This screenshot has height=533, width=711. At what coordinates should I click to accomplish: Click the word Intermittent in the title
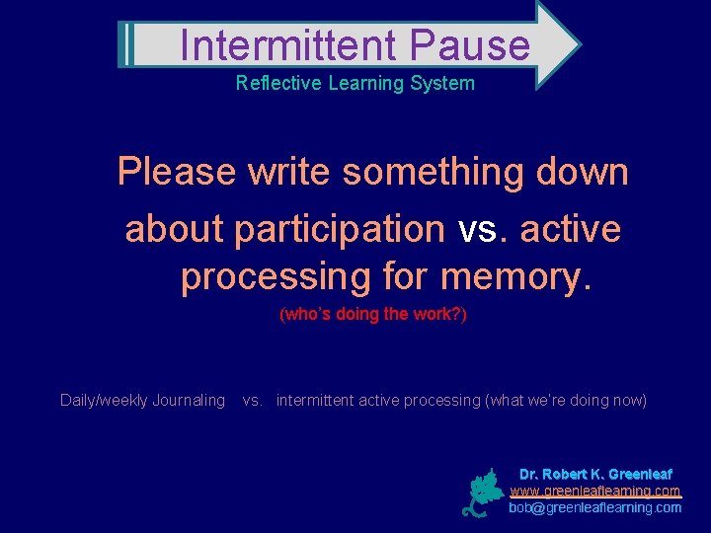[288, 45]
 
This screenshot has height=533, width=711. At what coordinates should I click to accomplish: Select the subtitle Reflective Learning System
[355, 83]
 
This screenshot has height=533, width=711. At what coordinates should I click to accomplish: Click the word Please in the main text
[177, 172]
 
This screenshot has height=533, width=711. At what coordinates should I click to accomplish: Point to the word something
[434, 172]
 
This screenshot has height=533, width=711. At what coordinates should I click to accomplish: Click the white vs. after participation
[482, 229]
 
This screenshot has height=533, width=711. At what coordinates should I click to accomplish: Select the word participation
[339, 229]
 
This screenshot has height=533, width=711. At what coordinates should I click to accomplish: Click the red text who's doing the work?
[373, 315]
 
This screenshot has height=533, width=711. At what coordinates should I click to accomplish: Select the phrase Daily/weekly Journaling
[142, 400]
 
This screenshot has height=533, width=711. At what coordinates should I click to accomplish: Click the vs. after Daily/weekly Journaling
[253, 400]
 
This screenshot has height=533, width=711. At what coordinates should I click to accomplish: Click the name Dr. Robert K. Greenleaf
[595, 474]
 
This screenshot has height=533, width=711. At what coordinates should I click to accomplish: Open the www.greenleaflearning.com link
[595, 491]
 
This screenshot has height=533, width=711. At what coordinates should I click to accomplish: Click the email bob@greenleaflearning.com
[595, 507]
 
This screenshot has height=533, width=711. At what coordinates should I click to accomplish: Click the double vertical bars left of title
[125, 44]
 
